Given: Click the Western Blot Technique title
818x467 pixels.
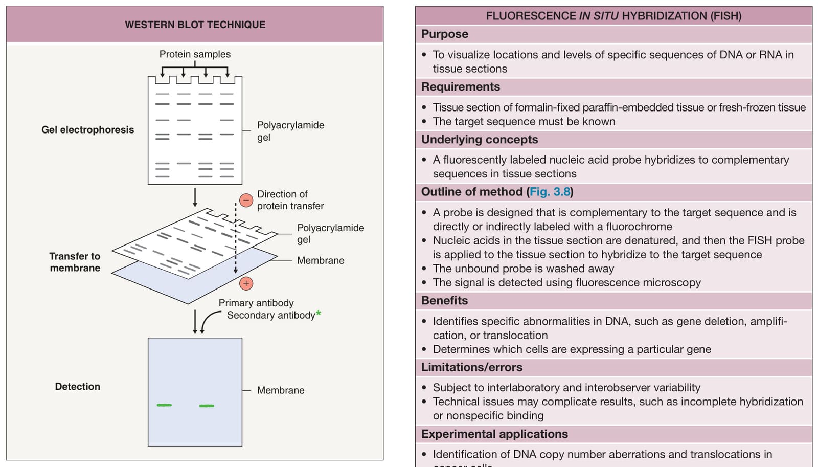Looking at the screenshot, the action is pyautogui.click(x=195, y=25).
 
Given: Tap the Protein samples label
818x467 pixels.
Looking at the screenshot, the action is pyautogui.click(x=195, y=54).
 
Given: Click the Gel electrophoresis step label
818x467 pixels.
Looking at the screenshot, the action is pyautogui.click(x=87, y=130).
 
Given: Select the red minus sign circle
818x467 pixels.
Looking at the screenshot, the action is pyautogui.click(x=246, y=200).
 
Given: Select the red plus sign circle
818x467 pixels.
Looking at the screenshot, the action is pyautogui.click(x=246, y=283).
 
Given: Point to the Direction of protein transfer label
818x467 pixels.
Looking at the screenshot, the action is pyautogui.click(x=290, y=200).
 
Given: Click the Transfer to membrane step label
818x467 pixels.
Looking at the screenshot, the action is pyautogui.click(x=75, y=262).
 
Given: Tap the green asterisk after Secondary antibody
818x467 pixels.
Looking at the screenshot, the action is pyautogui.click(x=319, y=313).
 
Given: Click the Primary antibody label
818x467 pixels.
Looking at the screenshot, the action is pyautogui.click(x=256, y=303).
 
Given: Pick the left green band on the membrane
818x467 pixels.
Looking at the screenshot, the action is pyautogui.click(x=164, y=405).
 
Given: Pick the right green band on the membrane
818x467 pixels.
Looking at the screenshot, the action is pyautogui.click(x=207, y=406).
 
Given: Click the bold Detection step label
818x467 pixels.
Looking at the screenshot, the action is pyautogui.click(x=77, y=387).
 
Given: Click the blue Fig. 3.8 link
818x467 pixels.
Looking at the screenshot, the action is pyautogui.click(x=550, y=191).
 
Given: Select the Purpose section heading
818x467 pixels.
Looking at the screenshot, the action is pyautogui.click(x=444, y=34).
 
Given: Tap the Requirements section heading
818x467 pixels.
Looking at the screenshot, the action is pyautogui.click(x=461, y=86).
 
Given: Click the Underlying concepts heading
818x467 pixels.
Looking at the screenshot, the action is pyautogui.click(x=480, y=139).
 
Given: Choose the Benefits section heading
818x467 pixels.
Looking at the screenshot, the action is pyautogui.click(x=444, y=300).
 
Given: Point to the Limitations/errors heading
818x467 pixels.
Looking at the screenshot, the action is pyautogui.click(x=472, y=367).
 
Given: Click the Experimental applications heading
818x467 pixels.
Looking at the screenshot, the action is pyautogui.click(x=494, y=434).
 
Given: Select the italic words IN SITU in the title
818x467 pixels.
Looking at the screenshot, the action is pyautogui.click(x=599, y=16).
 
